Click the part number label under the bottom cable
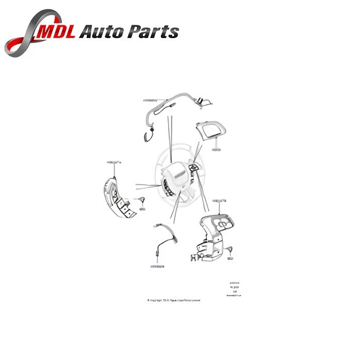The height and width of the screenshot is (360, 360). [x=157, y=266]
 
